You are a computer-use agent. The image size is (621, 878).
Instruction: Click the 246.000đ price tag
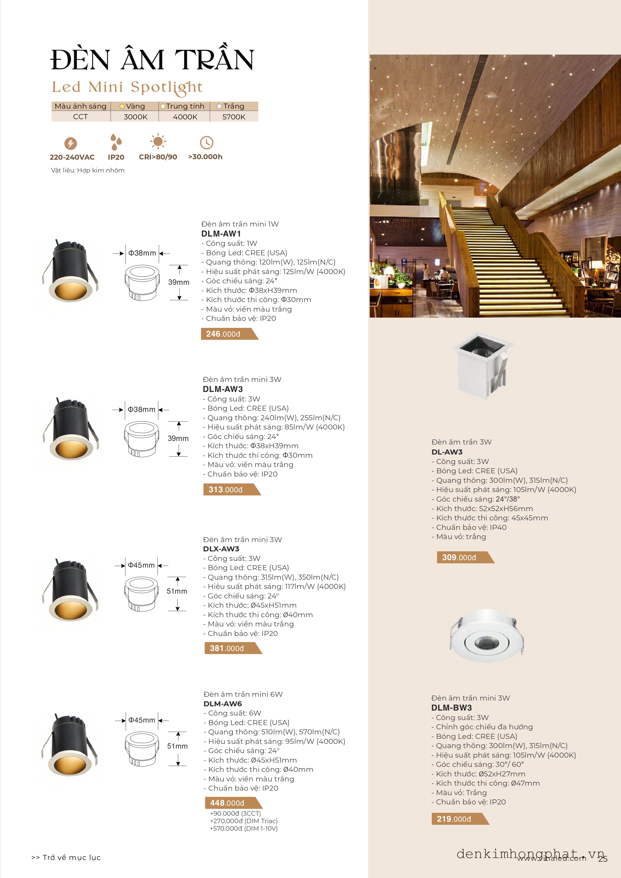click(x=224, y=334)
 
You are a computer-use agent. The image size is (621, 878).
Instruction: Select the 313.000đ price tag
click(x=226, y=490)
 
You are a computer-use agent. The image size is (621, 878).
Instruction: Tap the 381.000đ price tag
click(x=227, y=648)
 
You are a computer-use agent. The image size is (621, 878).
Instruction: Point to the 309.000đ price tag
click(x=460, y=558)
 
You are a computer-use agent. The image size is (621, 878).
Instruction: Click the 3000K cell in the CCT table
click(x=135, y=117)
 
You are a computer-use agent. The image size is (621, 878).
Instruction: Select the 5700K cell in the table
click(x=234, y=117)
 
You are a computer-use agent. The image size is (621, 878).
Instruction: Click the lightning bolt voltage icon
click(x=70, y=143)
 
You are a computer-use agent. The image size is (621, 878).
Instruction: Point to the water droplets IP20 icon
click(x=116, y=142)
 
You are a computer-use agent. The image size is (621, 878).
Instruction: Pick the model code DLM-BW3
click(x=451, y=708)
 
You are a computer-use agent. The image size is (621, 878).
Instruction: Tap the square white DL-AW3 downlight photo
click(x=483, y=365)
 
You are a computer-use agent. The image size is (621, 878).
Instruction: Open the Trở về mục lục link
click(x=67, y=857)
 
